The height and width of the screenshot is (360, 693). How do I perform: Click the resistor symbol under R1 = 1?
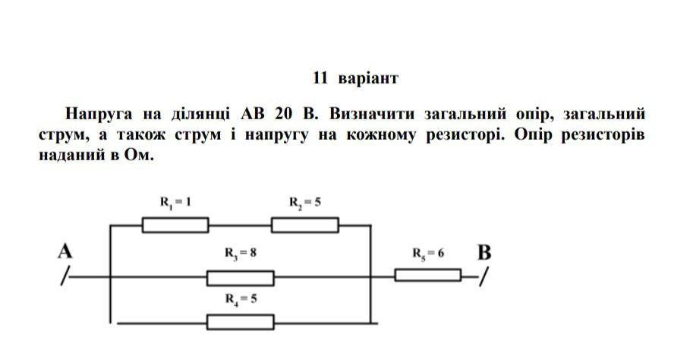point(175,225)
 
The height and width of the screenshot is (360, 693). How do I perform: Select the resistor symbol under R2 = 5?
point(305,225)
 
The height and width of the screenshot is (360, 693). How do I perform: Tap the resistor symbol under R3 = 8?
point(241,278)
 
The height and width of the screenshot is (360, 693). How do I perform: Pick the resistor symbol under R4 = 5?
point(241,322)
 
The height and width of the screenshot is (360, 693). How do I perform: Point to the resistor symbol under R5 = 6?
point(428,275)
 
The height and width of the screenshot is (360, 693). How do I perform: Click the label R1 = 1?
point(175,203)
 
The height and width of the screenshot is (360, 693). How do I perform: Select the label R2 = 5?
point(305,203)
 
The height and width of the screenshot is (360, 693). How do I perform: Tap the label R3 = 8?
point(241,253)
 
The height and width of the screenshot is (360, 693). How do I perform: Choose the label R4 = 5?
point(241,299)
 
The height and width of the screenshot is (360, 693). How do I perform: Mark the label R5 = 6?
point(428,254)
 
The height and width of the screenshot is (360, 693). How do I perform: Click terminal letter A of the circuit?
point(65,251)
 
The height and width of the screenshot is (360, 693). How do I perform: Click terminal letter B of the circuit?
point(484,253)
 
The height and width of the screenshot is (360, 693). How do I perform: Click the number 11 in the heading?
point(320,78)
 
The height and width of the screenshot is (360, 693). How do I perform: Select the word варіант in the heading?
point(368,79)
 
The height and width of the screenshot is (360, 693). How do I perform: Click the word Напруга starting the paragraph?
point(99,115)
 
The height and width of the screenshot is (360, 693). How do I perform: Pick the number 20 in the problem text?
point(283,114)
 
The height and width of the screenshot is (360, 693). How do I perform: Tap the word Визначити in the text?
point(372,114)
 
